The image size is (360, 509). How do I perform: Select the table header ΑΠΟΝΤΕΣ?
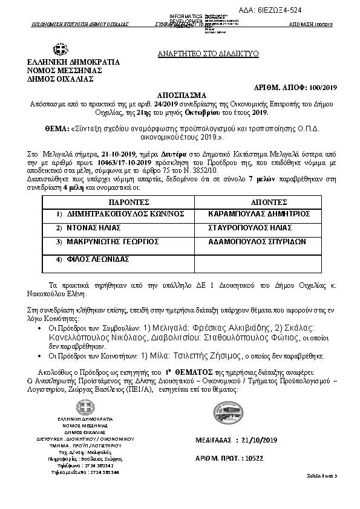click(267, 201)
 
